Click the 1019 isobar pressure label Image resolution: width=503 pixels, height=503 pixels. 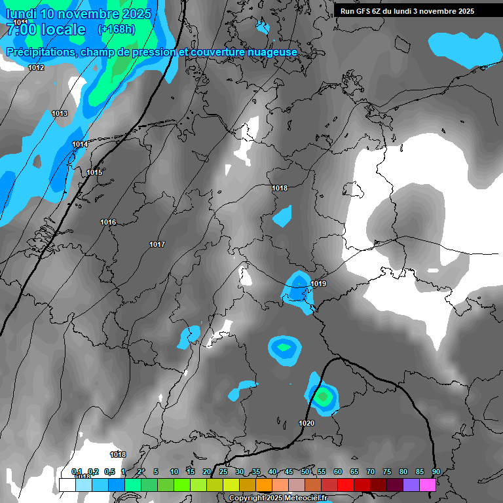click(x=318, y=284)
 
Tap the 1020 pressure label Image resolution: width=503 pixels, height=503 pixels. click(x=307, y=423)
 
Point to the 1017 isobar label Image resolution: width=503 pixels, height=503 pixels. click(x=157, y=244)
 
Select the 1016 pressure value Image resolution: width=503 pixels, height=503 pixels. click(x=108, y=223)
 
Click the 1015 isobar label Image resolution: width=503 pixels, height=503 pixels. click(x=94, y=172)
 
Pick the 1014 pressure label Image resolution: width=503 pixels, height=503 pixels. click(x=80, y=144)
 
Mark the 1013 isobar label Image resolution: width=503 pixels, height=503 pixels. click(x=60, y=113)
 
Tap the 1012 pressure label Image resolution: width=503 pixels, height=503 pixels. click(x=36, y=67)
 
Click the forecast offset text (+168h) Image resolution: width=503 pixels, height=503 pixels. click(x=116, y=29)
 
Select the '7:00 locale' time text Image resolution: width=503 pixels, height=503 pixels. click(x=46, y=29)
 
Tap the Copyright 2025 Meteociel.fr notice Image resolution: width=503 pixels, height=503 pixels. click(x=278, y=498)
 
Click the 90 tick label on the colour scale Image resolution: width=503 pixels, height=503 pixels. click(x=436, y=472)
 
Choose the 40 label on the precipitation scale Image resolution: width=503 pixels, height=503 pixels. click(x=272, y=472)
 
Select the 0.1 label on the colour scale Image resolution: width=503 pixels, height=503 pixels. click(x=77, y=472)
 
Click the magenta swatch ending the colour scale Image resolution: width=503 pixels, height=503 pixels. click(x=428, y=485)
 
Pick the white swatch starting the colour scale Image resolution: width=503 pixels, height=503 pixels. click(x=67, y=485)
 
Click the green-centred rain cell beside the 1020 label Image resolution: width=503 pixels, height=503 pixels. click(x=322, y=396)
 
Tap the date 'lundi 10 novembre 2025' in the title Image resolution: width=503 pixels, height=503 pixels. click(x=79, y=14)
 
